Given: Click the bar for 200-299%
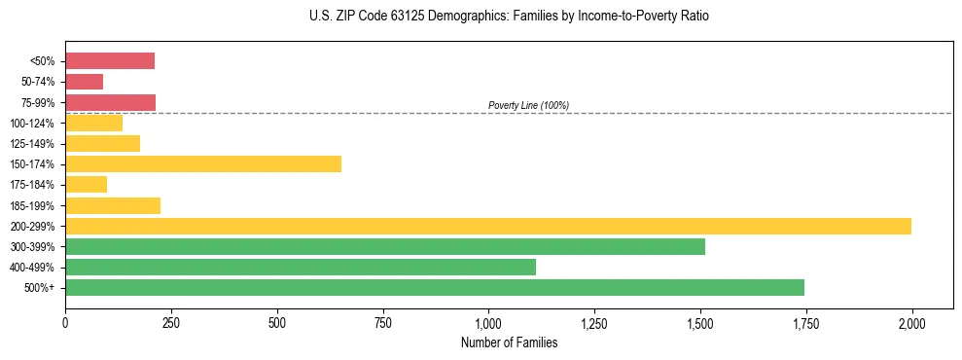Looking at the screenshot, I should pos(488,226).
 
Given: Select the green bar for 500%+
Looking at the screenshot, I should pos(435,287).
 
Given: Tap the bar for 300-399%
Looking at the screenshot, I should pos(385,246).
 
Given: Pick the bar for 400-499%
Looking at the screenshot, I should pos(301,267).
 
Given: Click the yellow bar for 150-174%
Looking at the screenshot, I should pos(203,163).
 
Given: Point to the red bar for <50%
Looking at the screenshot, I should pos(110,61).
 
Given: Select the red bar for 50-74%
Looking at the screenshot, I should pos(85,82).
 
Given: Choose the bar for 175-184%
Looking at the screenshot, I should pos(87,184).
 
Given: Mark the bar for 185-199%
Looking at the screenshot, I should pos(113,205).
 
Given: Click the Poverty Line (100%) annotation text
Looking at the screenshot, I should pos(528,105).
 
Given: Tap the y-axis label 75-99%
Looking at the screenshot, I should pos(37,102).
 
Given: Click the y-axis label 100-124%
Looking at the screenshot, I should pos(34,124).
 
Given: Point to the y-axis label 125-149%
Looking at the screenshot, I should pos(34,144).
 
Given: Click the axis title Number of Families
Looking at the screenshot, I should pos(509,342).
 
